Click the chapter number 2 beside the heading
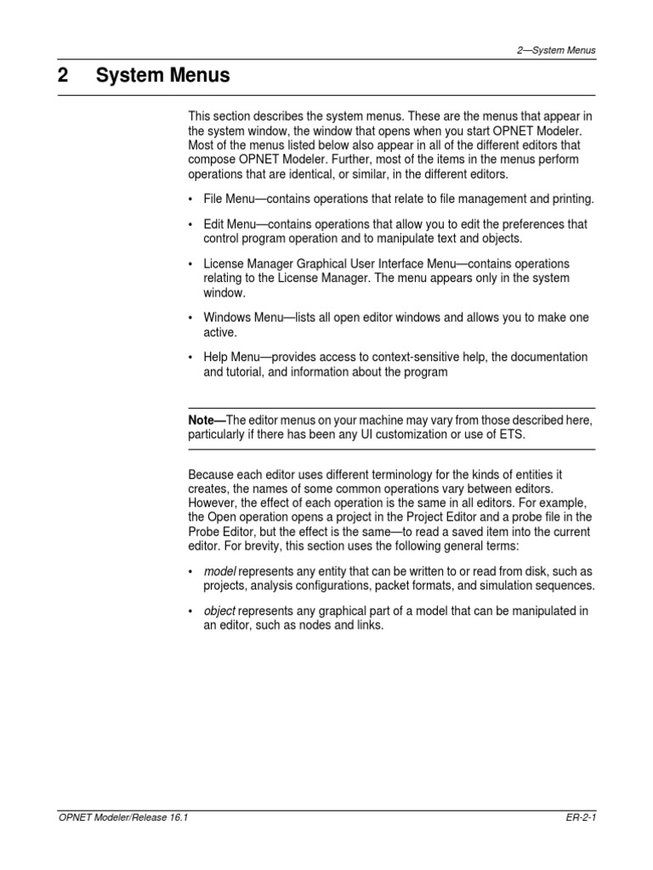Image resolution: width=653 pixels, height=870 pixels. pos(63,76)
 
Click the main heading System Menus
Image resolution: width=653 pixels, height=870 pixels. pos(162,76)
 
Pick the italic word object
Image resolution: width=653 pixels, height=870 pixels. pos(219,611)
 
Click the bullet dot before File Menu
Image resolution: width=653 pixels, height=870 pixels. pos(190,199)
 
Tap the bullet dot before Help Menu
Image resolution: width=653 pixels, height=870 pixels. pos(190,358)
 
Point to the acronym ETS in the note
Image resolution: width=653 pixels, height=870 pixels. pos(511,435)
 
